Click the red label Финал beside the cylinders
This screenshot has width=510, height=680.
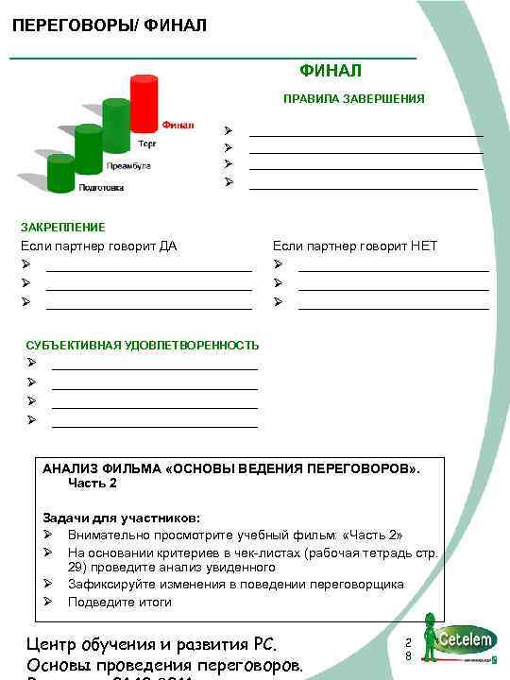pos(178,125)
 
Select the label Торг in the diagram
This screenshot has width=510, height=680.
pos(147,144)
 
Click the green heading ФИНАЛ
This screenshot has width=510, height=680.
pos(331,70)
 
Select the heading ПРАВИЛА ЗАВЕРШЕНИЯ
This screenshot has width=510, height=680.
pos(354,98)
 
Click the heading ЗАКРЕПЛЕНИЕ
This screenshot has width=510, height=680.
pos(63,227)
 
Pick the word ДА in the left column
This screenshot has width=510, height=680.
pos(167,246)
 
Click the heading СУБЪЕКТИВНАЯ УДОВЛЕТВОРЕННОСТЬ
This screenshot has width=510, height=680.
pos(142,345)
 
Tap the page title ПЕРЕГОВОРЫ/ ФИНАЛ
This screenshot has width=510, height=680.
pos(110,25)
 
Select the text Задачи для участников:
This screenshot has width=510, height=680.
pos(121,518)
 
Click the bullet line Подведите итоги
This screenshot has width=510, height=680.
pos(119,602)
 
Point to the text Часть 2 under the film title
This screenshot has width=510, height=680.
pos(93,483)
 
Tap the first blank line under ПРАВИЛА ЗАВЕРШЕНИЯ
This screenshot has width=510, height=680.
pos(365,136)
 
